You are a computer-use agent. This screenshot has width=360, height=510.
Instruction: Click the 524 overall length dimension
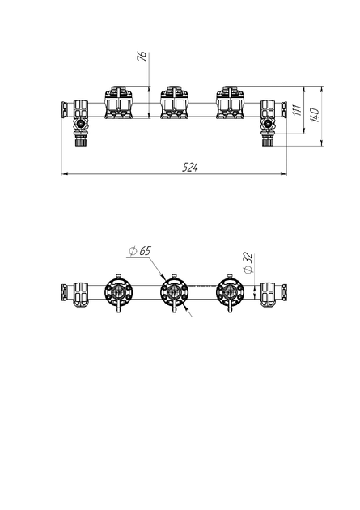190,168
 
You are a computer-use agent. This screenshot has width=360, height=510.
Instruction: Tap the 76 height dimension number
142,57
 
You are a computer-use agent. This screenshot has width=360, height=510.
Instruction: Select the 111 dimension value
297,110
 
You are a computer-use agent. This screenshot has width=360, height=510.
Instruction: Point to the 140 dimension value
315,114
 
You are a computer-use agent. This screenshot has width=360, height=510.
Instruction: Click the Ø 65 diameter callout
141,251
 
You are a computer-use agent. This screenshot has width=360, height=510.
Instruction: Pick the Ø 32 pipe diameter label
248,263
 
